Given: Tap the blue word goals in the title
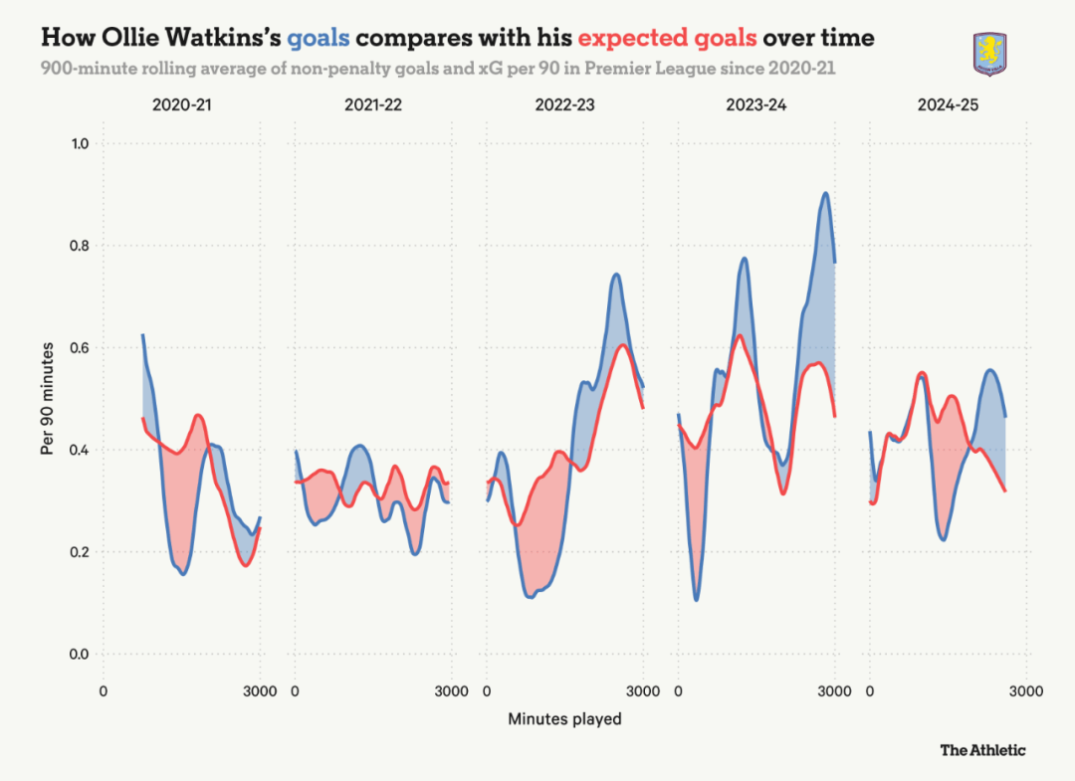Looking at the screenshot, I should point(319,39).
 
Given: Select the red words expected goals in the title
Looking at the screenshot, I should point(667,39).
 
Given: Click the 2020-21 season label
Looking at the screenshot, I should point(181,104).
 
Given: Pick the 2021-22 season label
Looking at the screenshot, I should point(373,104).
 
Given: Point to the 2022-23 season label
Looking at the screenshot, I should point(565,104).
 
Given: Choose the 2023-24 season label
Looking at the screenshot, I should point(757,104).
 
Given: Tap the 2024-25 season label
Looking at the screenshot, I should point(950,104).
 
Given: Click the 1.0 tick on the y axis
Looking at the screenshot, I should point(80,143).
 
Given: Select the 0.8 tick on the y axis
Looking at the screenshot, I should point(80,246).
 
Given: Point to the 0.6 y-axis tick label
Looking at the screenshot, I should point(80,348).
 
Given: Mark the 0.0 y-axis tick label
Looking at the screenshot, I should point(80,655).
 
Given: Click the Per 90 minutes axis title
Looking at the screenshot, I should point(47,398).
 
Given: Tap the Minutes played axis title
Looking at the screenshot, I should point(564,718).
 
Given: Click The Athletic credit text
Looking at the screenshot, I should point(982,750).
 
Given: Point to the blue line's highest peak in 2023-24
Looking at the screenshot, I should point(825,194).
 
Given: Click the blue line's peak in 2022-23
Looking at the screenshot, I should point(616,275).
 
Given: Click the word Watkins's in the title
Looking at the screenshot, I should point(220,39).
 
